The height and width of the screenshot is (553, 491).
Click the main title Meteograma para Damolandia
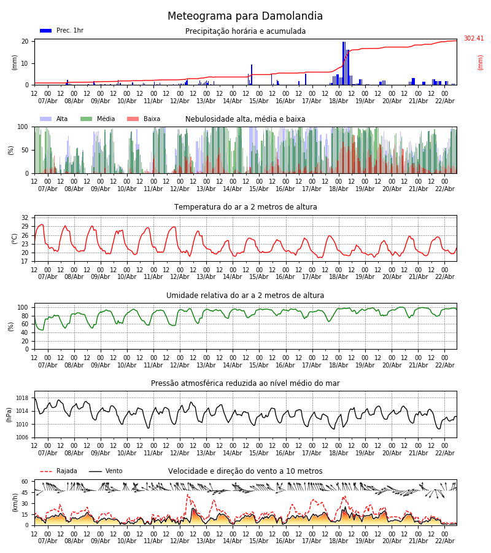245,17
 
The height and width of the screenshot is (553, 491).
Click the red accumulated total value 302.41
473,39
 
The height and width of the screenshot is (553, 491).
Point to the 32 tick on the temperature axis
25,218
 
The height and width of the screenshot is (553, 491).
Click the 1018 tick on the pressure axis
22,398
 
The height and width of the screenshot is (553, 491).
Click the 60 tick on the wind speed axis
25,482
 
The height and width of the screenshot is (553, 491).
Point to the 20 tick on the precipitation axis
25,42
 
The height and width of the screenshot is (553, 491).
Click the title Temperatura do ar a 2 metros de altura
245,207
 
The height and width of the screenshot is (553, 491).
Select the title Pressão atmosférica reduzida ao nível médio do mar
245,383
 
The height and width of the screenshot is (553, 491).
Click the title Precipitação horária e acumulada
245,31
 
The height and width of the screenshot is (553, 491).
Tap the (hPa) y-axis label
9,414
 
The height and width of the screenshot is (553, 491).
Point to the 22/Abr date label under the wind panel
444,541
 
